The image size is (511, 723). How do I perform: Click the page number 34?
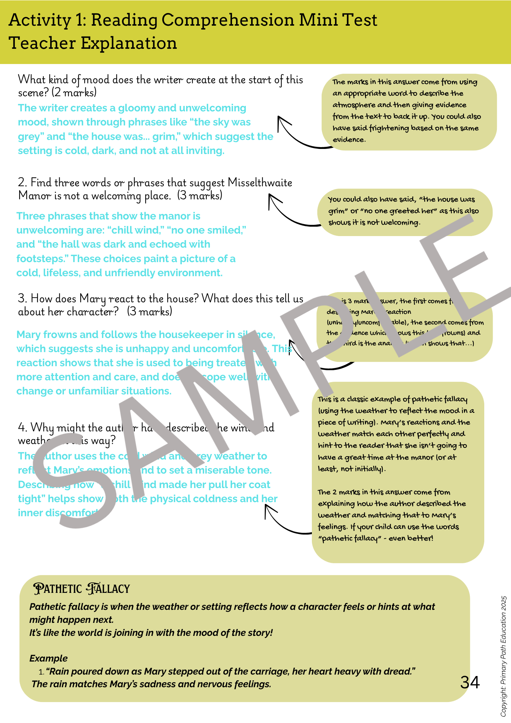(470, 683)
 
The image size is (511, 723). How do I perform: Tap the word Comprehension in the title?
(228, 20)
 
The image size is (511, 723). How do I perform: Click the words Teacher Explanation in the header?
(93, 43)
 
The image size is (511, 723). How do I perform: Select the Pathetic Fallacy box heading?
(81, 589)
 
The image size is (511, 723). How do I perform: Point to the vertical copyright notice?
(504, 656)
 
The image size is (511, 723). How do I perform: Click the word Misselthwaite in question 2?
(260, 183)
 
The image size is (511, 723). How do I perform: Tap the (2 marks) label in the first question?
(74, 93)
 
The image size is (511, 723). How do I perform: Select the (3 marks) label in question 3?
(150, 312)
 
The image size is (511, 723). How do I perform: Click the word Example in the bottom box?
(48, 658)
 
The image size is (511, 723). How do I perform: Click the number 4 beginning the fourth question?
(22, 428)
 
